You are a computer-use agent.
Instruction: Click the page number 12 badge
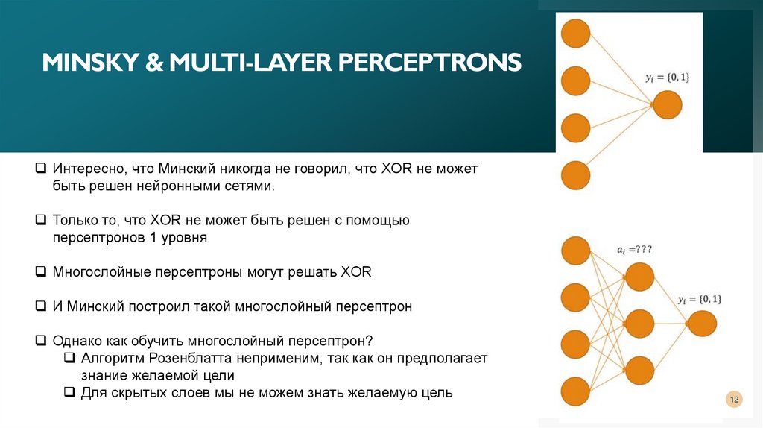click(734, 400)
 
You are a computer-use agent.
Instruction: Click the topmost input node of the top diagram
click(575, 34)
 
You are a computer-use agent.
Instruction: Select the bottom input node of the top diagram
click(575, 175)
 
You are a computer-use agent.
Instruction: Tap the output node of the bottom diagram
click(702, 324)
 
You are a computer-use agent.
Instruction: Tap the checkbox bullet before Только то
click(42, 221)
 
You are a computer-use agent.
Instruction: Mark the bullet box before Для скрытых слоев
click(69, 392)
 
